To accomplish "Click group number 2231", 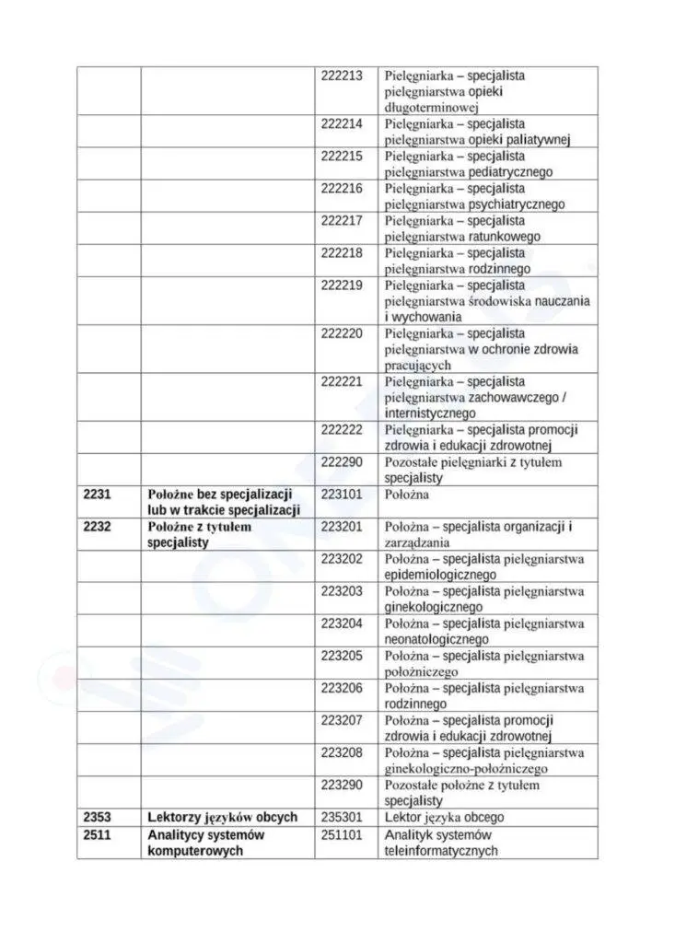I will point(97,495).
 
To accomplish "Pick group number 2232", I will point(97,527).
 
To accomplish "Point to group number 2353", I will point(97,817).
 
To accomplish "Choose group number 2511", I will point(97,834).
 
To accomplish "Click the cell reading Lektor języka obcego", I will point(444,817).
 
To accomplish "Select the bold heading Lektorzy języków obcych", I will point(222,817).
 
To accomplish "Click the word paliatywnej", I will point(539,140).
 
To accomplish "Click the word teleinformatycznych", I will point(441,850).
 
